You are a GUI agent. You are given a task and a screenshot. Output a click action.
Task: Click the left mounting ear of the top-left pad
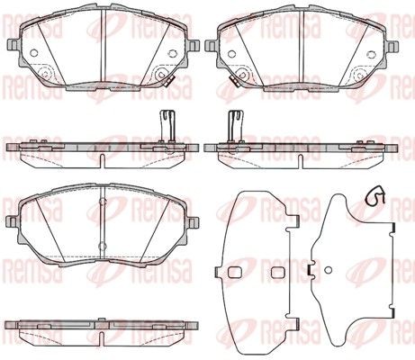coord(12,46)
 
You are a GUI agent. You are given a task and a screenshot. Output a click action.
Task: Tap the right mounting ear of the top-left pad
coord(194,46)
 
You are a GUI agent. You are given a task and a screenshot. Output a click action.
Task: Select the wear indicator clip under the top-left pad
coord(170,81)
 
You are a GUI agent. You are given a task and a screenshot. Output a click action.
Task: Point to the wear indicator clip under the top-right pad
coord(233,81)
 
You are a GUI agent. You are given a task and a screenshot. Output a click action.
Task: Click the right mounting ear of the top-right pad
coord(392,46)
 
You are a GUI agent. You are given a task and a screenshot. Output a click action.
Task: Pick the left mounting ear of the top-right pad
coord(210,46)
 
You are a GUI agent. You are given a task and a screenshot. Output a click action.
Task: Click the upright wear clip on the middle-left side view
coord(167,126)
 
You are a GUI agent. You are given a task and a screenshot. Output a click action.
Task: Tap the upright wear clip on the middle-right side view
coord(236,126)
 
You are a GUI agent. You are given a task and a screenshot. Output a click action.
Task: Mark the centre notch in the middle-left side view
coord(102,160)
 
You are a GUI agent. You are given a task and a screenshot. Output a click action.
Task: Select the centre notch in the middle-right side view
coord(301,161)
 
